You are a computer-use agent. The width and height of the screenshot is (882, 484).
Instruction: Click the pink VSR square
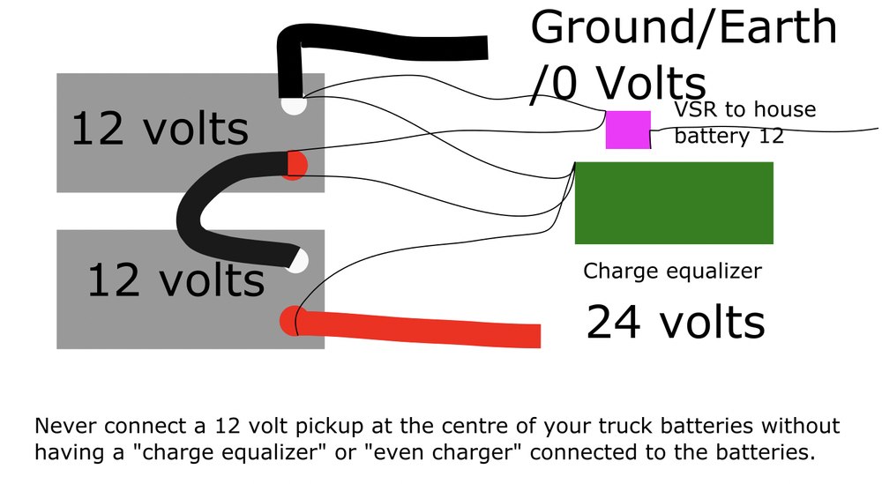click(628, 130)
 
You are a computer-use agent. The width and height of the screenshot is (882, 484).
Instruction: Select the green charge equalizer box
click(674, 203)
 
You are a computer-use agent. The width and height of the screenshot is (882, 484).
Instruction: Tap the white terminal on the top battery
click(293, 104)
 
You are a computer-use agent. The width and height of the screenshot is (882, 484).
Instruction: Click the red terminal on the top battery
click(296, 166)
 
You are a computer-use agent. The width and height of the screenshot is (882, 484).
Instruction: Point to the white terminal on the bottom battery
click(299, 261)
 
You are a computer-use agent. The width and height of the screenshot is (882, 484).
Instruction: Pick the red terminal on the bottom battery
click(290, 321)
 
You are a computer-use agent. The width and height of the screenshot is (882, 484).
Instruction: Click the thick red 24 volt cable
click(423, 330)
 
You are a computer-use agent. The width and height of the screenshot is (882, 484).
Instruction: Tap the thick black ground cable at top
click(388, 46)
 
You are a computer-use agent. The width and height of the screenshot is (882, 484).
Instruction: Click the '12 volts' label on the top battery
click(160, 129)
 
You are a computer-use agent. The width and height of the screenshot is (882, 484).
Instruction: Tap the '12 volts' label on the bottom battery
click(176, 280)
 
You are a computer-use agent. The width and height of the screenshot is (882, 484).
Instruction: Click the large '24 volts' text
click(676, 322)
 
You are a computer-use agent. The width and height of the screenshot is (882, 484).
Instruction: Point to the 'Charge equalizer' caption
click(672, 271)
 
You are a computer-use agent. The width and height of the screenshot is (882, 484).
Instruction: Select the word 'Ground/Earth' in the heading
click(684, 28)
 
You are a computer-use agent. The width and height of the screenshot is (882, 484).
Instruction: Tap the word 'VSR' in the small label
click(694, 111)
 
